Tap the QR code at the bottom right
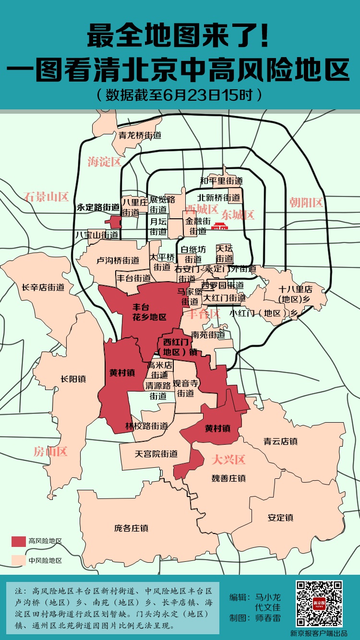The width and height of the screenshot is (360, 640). pyautogui.click(x=319, y=604)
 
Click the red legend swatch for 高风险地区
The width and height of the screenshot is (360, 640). pyautogui.click(x=19, y=541)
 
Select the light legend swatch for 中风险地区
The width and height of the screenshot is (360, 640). pyautogui.click(x=19, y=560)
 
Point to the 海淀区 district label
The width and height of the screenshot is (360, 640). pyautogui.click(x=104, y=162)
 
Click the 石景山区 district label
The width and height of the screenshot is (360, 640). pyautogui.click(x=46, y=196)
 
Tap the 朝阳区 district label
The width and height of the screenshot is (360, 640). pyautogui.click(x=306, y=202)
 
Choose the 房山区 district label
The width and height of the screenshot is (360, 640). pyautogui.click(x=50, y=451)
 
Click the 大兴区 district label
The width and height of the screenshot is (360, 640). pyautogui.click(x=228, y=460)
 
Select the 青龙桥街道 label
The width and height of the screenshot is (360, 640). pyautogui.click(x=140, y=135)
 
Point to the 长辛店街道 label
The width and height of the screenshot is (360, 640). pyautogui.click(x=43, y=287)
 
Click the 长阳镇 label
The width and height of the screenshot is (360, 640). pyautogui.click(x=73, y=379)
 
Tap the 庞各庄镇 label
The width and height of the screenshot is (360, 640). pyautogui.click(x=131, y=528)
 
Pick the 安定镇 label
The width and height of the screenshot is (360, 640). pyautogui.click(x=280, y=518)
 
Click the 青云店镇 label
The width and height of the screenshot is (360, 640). pyautogui.click(x=281, y=441)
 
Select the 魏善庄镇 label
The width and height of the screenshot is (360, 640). pyautogui.click(x=228, y=478)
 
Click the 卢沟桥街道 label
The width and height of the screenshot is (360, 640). pyautogui.click(x=118, y=261)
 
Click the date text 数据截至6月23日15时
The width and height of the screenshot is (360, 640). pyautogui.click(x=180, y=95)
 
